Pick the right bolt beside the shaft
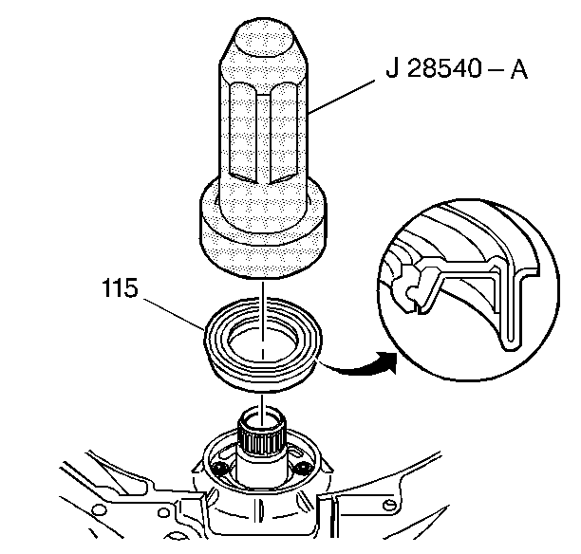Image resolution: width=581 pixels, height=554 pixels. [303, 470]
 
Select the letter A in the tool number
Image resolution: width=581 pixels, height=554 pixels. [518, 72]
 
